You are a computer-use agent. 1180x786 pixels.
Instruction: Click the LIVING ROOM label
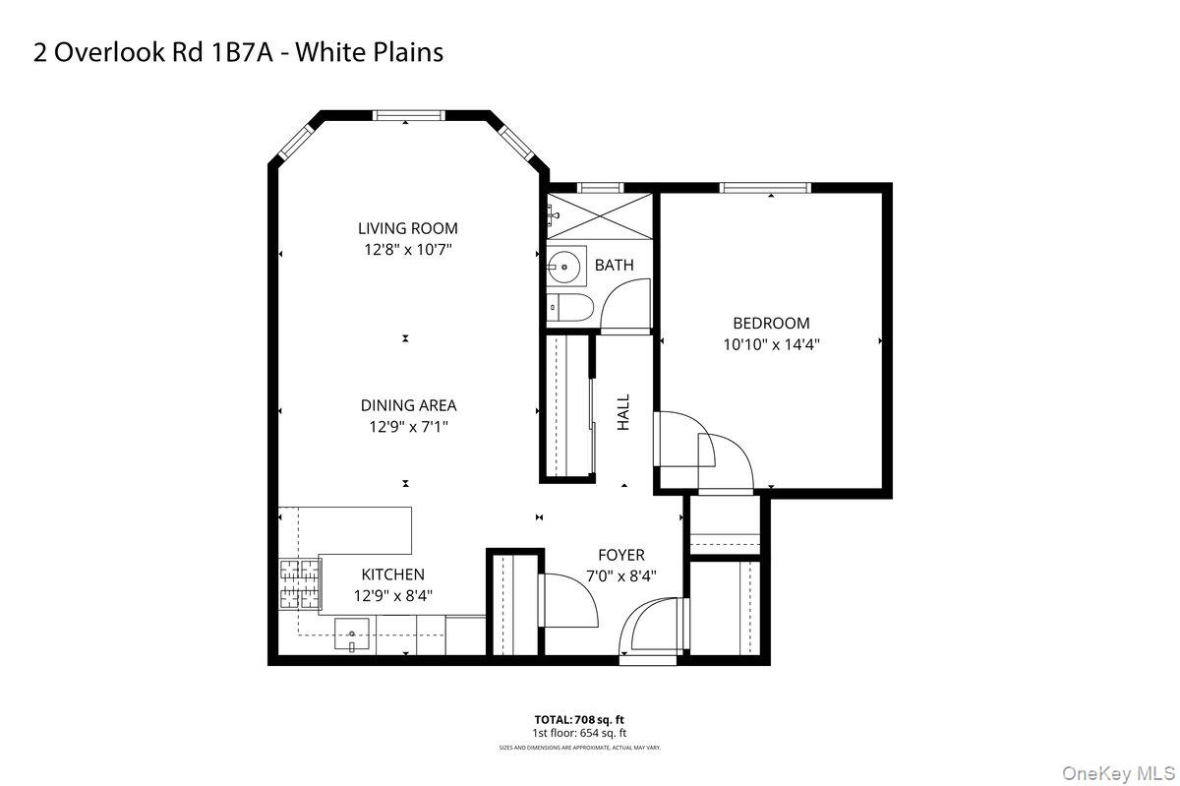pyautogui.click(x=407, y=229)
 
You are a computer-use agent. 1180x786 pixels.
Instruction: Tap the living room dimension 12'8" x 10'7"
pyautogui.click(x=407, y=250)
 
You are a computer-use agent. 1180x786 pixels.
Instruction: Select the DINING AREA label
pyautogui.click(x=408, y=405)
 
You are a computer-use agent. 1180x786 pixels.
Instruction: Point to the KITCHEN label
pyautogui.click(x=392, y=574)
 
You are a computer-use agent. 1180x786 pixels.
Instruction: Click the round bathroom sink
pyautogui.click(x=564, y=266)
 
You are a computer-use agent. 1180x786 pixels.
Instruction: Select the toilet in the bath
pyautogui.click(x=568, y=307)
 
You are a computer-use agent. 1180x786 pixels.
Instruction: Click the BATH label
pyautogui.click(x=614, y=266)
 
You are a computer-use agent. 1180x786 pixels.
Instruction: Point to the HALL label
pyautogui.click(x=623, y=412)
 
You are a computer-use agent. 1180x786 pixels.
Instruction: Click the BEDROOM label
pyautogui.click(x=771, y=324)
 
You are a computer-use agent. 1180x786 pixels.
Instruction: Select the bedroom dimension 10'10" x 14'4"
pyautogui.click(x=771, y=344)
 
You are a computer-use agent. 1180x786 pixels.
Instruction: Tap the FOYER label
pyautogui.click(x=620, y=556)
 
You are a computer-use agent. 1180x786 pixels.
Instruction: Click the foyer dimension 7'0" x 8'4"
pyautogui.click(x=620, y=576)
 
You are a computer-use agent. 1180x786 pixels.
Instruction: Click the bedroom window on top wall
pyautogui.click(x=764, y=187)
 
